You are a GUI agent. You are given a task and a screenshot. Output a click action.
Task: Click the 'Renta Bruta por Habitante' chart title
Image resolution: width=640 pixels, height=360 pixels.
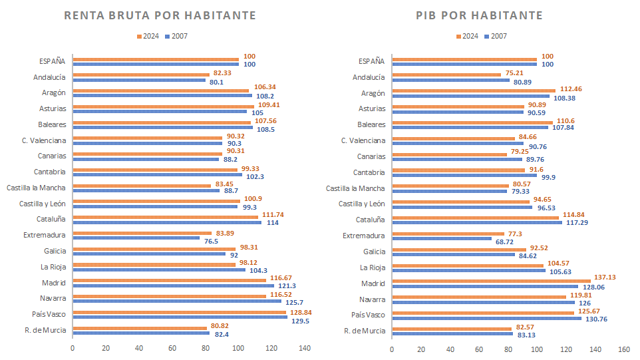tap(160, 15)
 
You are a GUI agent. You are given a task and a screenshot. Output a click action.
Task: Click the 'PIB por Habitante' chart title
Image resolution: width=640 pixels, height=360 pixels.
tap(479, 15)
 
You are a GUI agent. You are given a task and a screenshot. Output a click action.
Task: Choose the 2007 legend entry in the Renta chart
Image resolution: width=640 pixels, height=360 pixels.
tap(176, 36)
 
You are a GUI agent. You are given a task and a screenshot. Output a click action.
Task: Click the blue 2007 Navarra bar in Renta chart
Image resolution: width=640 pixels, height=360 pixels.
tap(176, 301)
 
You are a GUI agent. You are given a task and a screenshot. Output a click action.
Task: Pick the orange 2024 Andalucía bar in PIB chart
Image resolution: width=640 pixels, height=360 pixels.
tap(446, 75)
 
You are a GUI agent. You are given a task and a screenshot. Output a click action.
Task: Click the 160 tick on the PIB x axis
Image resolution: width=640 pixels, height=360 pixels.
tap(624, 348)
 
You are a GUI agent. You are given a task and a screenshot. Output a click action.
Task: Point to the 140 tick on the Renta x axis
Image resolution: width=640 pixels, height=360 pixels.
tap(305, 348)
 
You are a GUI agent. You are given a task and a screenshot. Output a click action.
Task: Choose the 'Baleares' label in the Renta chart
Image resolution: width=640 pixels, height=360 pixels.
tap(52, 124)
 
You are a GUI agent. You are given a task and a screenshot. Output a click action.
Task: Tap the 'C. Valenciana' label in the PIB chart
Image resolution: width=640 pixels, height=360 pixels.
tap(363, 140)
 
